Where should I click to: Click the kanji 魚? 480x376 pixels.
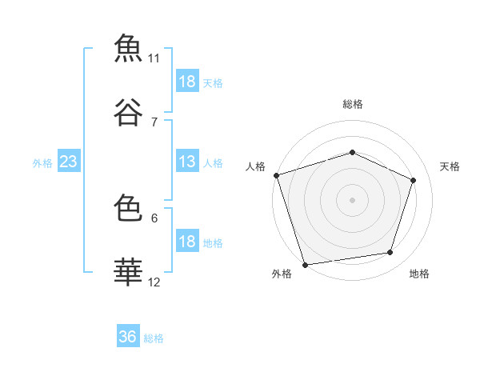[128, 48]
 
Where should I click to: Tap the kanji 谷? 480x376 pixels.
[128, 112]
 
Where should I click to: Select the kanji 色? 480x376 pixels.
[128, 207]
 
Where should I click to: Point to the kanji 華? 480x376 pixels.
[128, 271]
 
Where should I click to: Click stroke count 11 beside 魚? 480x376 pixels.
[154, 58]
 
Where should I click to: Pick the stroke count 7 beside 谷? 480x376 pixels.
[154, 122]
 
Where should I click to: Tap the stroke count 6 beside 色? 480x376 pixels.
[154, 218]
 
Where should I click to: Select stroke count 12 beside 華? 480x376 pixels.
[154, 282]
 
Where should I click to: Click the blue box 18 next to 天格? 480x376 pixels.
[187, 80]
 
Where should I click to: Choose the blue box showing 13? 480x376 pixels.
[187, 161]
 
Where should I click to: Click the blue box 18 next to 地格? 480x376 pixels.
[187, 240]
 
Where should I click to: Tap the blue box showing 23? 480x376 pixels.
[69, 161]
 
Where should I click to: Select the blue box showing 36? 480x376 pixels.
[128, 335]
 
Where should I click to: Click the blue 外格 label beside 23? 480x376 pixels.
[42, 163]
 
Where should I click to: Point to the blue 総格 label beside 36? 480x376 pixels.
[154, 338]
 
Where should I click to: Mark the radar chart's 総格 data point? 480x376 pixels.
[352, 152]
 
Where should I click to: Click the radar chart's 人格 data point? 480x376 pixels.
[277, 175]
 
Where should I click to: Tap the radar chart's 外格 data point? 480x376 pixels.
[306, 265]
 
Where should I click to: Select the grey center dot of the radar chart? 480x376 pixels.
[352, 200]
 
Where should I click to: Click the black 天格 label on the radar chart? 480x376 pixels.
[450, 166]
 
